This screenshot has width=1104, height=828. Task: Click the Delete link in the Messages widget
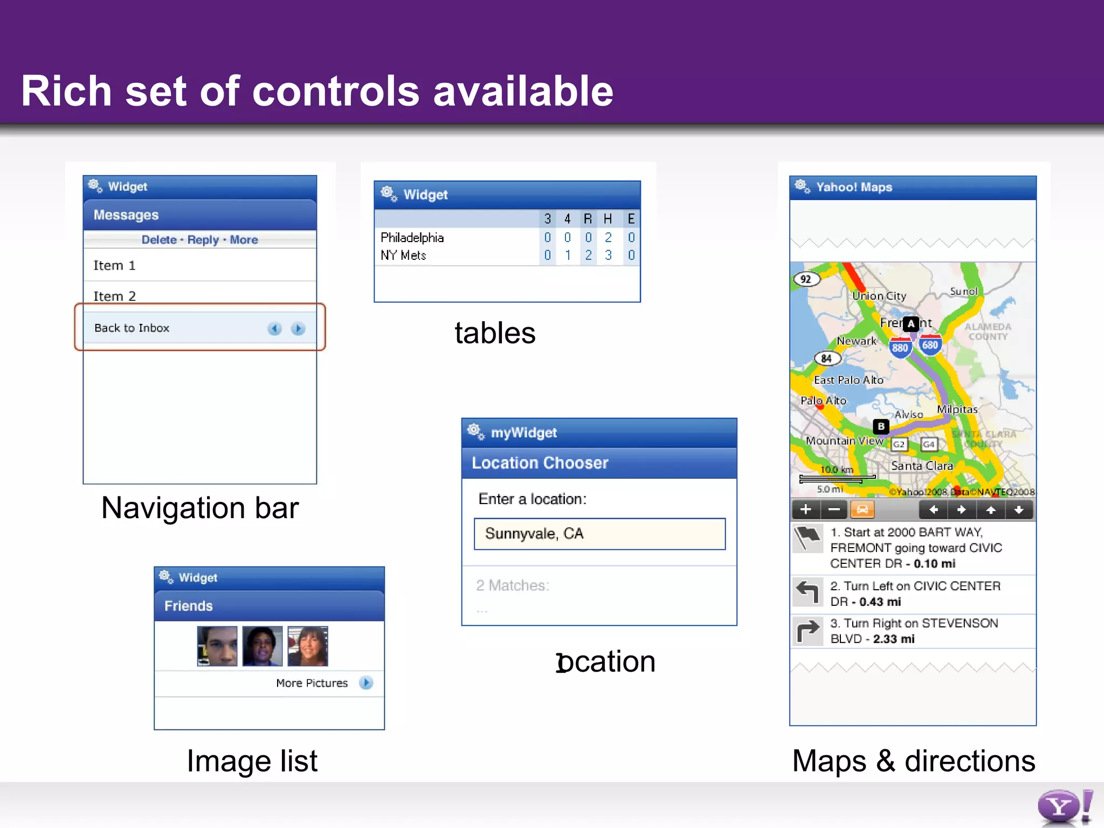tap(158, 240)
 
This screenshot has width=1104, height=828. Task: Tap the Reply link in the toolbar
tap(203, 240)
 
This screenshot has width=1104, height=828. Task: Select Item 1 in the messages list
tap(114, 265)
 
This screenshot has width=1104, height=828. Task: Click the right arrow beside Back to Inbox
tap(298, 328)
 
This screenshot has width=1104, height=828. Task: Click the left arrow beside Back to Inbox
tap(274, 328)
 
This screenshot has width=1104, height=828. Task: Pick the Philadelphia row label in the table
tap(412, 238)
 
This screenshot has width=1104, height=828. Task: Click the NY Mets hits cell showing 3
tap(608, 255)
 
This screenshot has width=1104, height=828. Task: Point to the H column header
tap(608, 219)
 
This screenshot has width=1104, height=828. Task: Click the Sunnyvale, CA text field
tap(599, 534)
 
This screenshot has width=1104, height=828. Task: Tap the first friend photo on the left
tap(217, 646)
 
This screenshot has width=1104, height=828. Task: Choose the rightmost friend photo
tap(307, 646)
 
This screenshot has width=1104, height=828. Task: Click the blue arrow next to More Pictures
tap(366, 682)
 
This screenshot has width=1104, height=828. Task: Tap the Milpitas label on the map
tap(957, 409)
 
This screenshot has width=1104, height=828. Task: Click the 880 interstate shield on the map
tap(900, 348)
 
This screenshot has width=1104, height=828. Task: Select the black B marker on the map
tap(881, 426)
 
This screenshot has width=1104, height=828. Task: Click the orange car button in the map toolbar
tap(862, 509)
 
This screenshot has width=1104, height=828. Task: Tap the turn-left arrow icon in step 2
tap(808, 592)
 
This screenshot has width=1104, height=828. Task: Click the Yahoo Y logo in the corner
tap(1059, 807)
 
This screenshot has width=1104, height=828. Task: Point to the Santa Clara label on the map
tap(922, 466)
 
